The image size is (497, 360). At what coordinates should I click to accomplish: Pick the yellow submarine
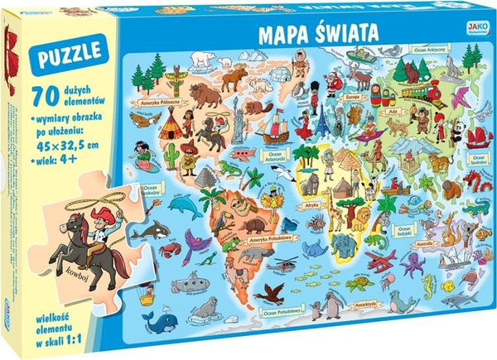195,286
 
